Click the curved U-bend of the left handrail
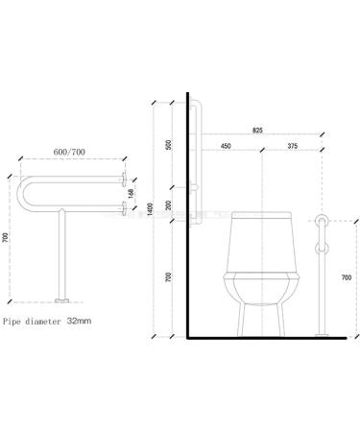[23, 193]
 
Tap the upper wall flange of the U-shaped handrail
[123, 179]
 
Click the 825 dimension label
[258, 129]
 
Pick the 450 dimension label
[225, 147]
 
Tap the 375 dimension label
[293, 147]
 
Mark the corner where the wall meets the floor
[189, 338]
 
